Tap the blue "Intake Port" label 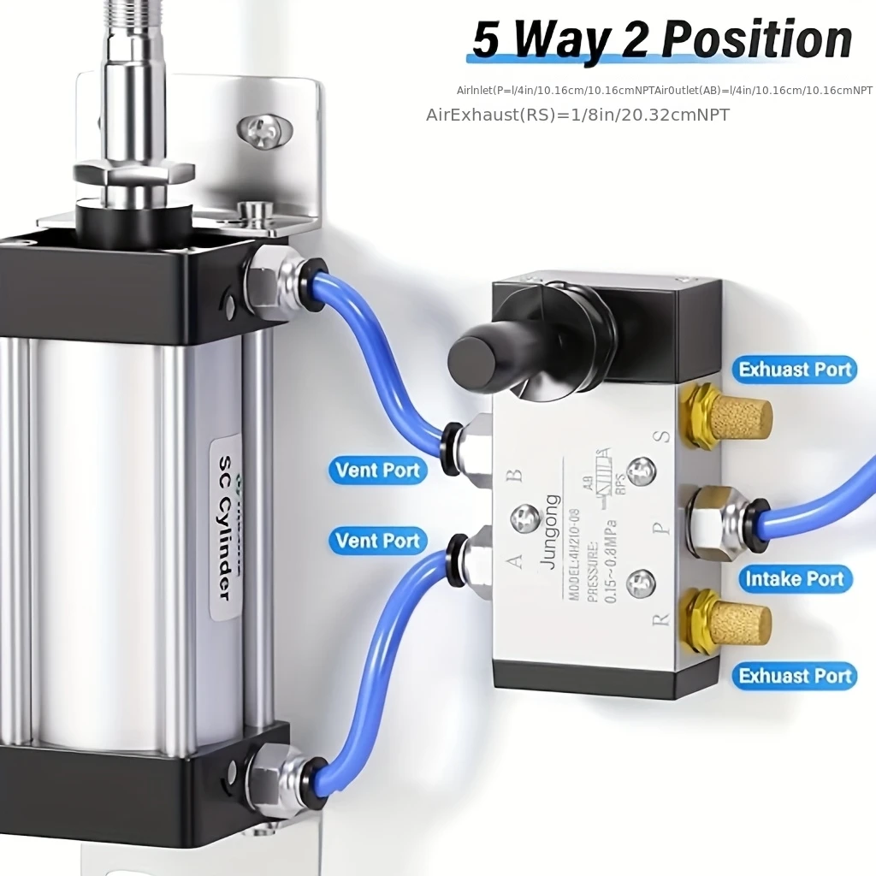[794, 579]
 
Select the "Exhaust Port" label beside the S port [795, 370]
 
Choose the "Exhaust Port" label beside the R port [795, 676]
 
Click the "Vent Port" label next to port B [377, 470]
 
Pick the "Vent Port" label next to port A [377, 541]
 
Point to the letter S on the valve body [661, 436]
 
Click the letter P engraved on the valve [661, 528]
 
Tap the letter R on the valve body [661, 617]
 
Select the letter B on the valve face [514, 476]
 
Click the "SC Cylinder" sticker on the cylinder [225, 526]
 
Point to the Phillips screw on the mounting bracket [264, 130]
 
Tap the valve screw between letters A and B [524, 518]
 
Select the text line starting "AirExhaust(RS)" [577, 115]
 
